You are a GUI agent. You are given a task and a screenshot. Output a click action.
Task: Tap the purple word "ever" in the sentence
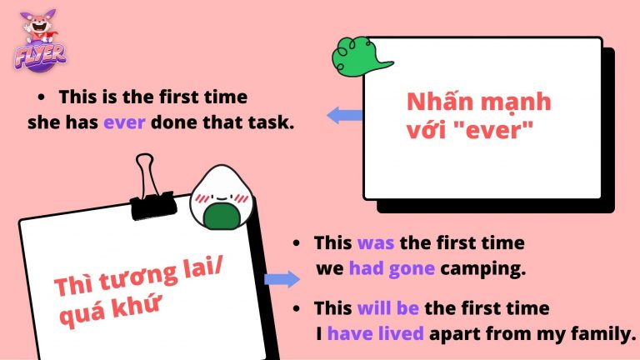[124, 122]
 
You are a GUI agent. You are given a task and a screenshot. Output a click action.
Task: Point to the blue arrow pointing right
[282, 279]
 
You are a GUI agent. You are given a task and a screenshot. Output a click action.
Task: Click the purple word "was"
[373, 244]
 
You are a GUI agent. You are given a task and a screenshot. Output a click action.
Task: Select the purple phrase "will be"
[387, 308]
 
